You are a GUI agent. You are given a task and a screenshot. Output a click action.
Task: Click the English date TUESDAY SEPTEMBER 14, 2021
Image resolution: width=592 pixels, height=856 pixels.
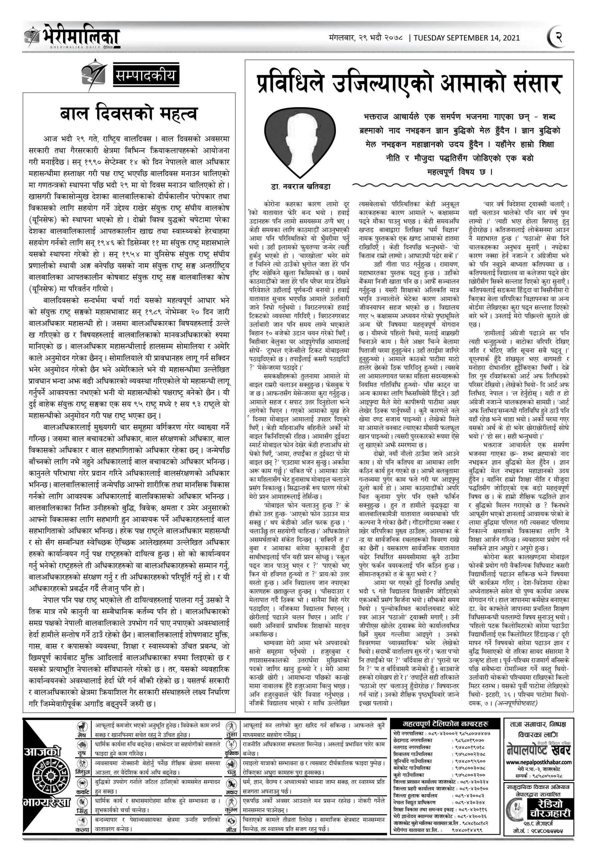[466, 38]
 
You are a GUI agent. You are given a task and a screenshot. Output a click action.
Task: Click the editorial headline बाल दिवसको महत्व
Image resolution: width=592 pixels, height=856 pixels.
[129, 114]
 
